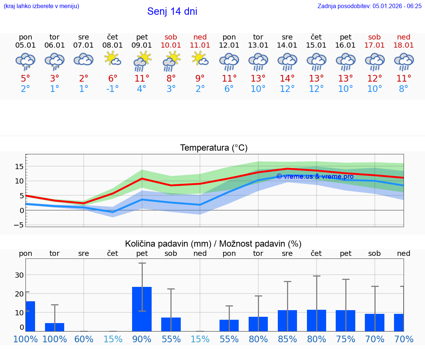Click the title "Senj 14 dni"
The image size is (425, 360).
[172, 11]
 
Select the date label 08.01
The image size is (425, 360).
[113, 45]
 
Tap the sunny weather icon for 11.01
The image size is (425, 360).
[200, 59]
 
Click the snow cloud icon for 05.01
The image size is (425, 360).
[25, 61]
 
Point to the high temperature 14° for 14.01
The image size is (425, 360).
[287, 78]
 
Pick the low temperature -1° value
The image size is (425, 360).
[113, 89]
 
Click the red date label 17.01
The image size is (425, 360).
[374, 45]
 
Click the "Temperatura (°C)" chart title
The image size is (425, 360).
[214, 148]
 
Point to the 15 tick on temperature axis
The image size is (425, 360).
[19, 167]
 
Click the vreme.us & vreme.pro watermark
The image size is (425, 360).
[315, 176]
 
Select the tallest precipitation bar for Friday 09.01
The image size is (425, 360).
[142, 309]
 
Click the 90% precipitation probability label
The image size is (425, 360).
[142, 339]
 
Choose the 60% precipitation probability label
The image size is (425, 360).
[84, 339]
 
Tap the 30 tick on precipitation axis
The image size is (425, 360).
[19, 275]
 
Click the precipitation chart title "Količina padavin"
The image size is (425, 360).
[213, 244]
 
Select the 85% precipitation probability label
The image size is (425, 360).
[287, 339]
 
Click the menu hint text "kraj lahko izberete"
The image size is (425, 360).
[41, 6]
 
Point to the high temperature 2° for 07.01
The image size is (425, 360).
[84, 78]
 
